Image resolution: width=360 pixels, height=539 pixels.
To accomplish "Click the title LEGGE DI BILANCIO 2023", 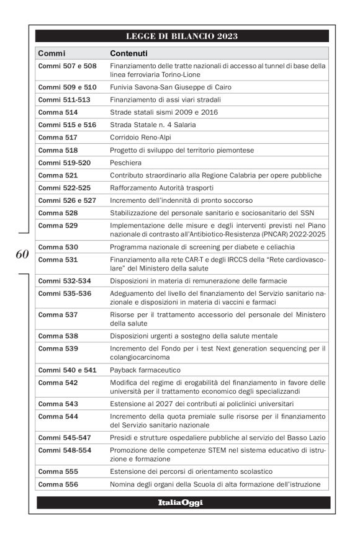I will click(182, 36).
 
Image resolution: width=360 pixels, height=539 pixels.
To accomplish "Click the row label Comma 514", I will click(58, 112).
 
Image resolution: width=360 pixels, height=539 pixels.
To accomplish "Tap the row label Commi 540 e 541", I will click(67, 370).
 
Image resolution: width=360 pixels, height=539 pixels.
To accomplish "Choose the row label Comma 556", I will click(58, 484).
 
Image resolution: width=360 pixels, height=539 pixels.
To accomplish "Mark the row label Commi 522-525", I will click(63, 188).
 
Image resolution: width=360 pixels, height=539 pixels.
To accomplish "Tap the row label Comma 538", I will click(58, 336).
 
